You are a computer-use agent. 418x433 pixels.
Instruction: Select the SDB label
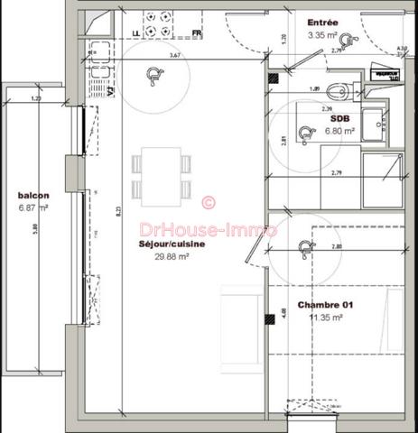pyautogui.click(x=339, y=118)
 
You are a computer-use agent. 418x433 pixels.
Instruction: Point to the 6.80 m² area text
pyautogui.click(x=339, y=130)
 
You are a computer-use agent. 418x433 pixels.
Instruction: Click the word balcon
pyautogui.click(x=33, y=195)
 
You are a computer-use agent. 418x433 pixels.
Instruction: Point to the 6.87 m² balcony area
pyautogui.click(x=33, y=207)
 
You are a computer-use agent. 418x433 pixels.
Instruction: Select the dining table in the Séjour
pyautogui.click(x=162, y=176)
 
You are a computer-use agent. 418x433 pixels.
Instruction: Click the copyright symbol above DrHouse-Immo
pyautogui.click(x=207, y=203)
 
